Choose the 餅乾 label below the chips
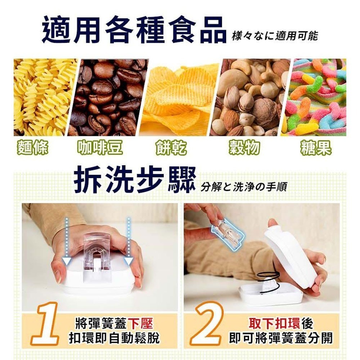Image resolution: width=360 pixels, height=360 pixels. coord(172,148)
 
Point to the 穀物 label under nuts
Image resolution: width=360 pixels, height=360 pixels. coord(244,148)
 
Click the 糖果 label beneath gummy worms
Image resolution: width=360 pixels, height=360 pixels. coord(316,148)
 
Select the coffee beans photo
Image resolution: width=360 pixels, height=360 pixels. coord(108,97)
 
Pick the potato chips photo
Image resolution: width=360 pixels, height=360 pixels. coord(180,97)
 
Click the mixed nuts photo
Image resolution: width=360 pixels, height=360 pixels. coord(252,97)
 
